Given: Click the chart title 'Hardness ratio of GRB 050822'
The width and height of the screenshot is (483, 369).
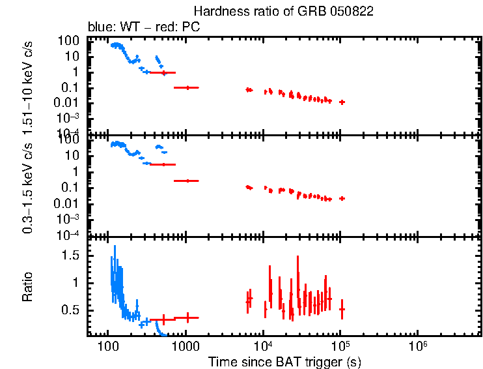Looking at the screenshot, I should [284, 12].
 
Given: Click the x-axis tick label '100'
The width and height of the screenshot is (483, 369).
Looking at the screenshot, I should [108, 345].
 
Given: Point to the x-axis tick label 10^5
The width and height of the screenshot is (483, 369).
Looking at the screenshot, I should [340, 344].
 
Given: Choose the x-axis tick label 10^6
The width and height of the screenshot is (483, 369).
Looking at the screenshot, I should [417, 344].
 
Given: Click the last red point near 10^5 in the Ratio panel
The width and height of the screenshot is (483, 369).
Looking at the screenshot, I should [342, 309].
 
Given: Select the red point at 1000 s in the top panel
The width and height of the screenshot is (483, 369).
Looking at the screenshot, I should [187, 87].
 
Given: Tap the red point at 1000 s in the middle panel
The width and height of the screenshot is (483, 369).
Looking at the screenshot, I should [187, 181].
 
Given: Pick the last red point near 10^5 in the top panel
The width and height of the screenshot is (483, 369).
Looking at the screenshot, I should [342, 102].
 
